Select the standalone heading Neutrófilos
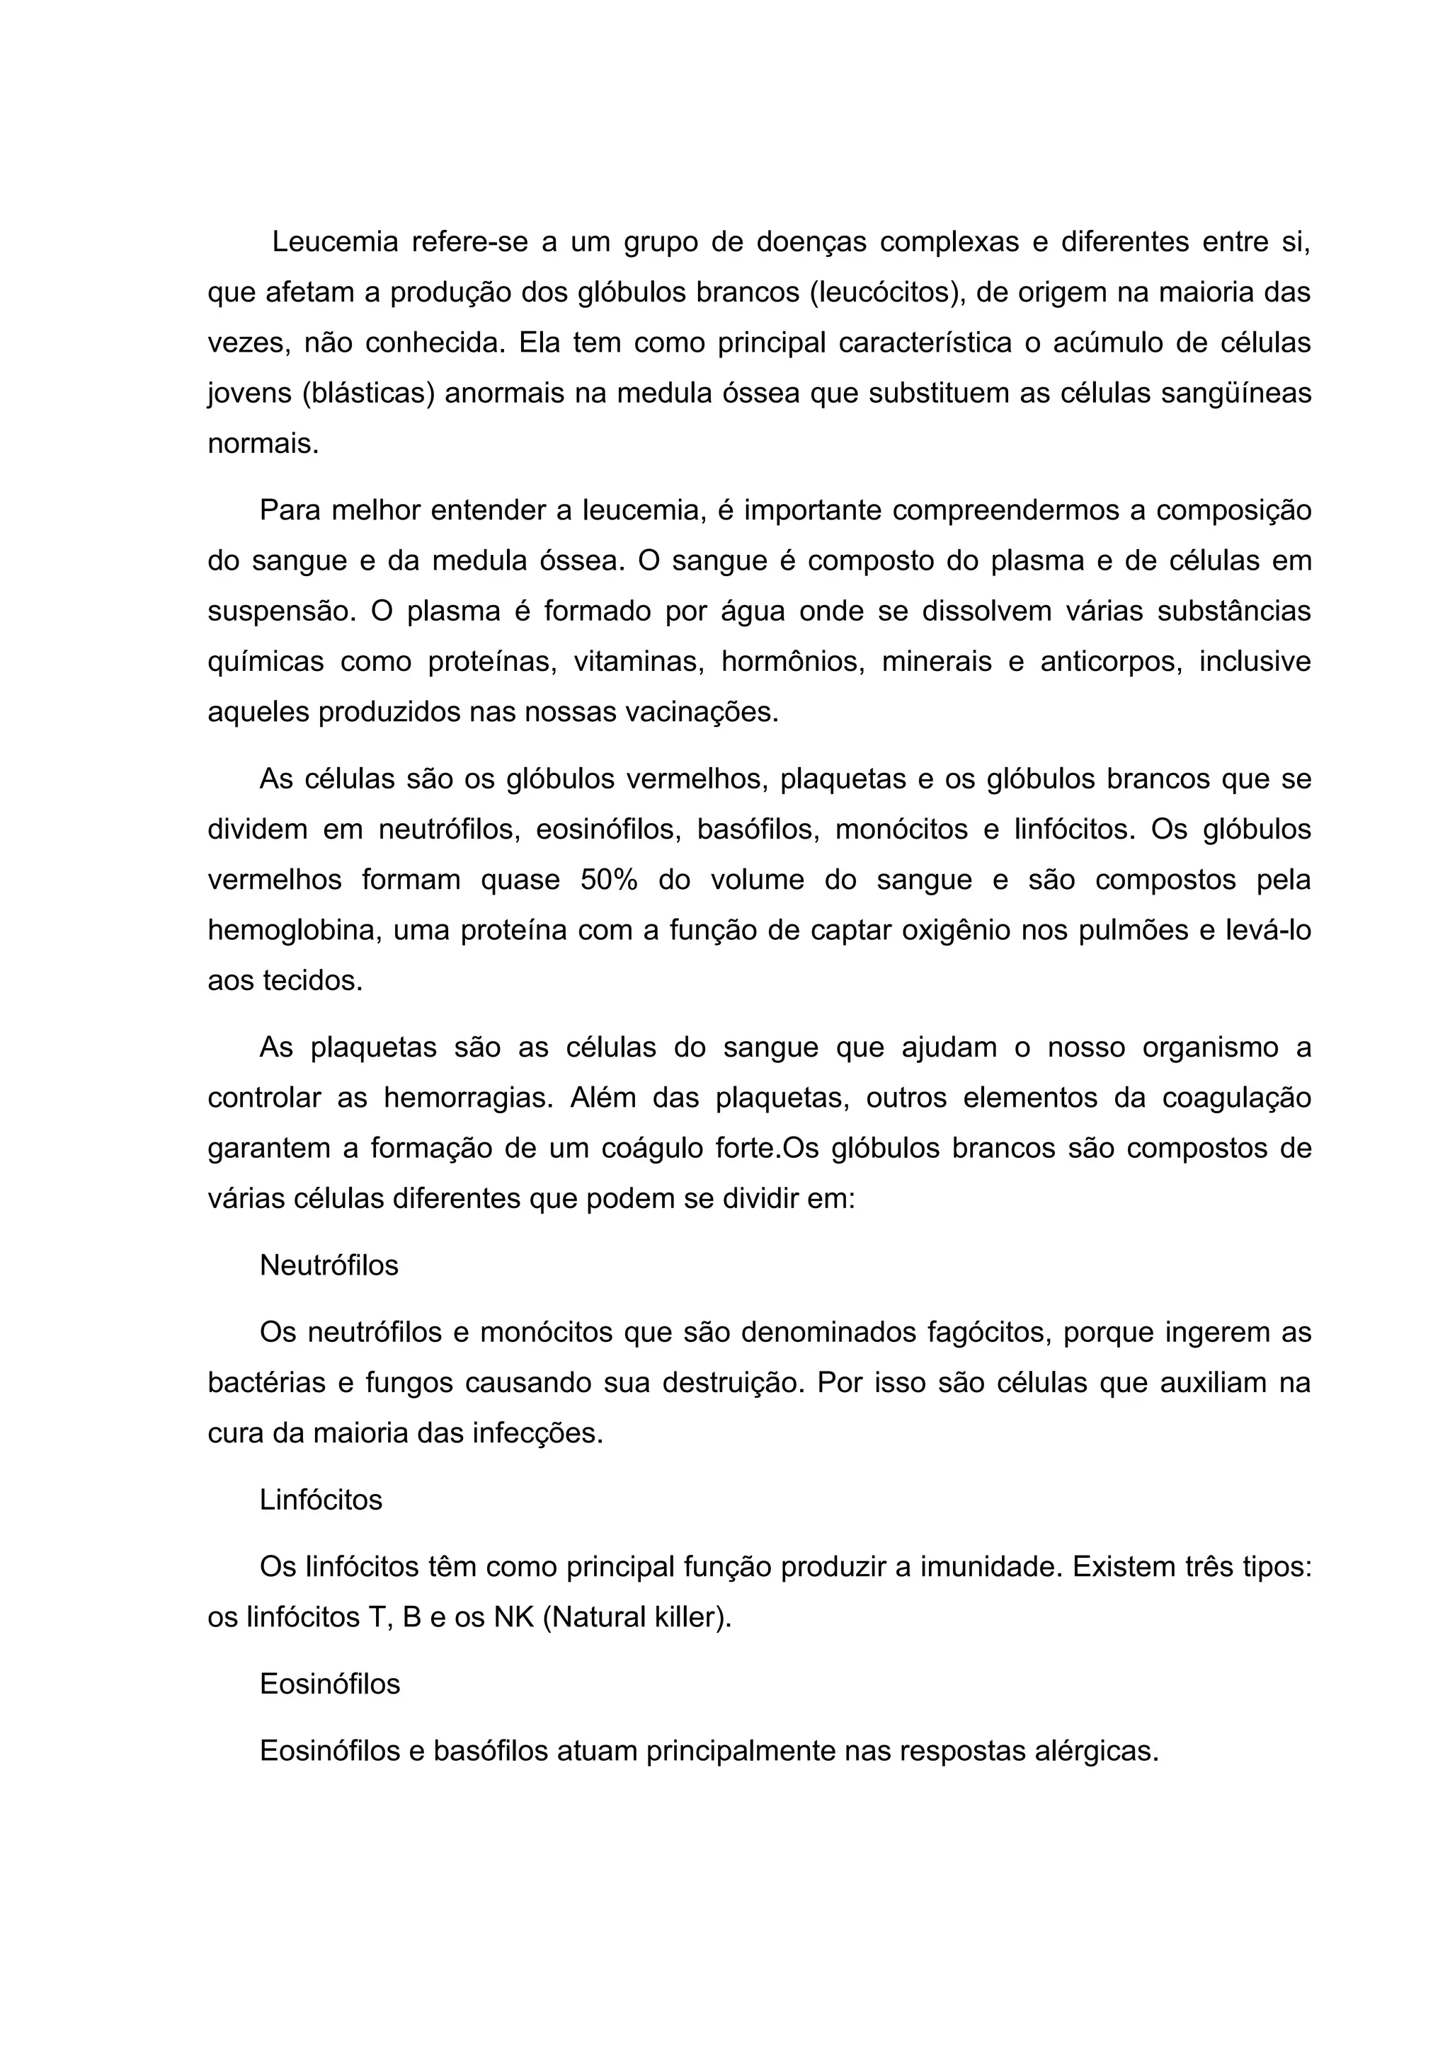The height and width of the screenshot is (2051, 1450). point(329,1266)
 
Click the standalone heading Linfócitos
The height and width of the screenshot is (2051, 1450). point(321,1500)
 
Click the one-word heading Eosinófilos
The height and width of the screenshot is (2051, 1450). point(330,1684)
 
